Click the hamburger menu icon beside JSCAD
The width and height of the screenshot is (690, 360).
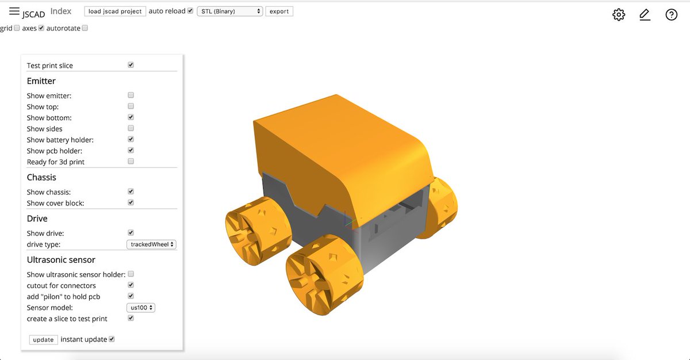14,11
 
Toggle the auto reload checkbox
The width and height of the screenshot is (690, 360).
190,11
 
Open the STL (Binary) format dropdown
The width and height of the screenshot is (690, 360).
229,11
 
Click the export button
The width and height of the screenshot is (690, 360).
279,11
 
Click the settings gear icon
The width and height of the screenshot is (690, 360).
619,15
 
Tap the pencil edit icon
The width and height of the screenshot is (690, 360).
645,15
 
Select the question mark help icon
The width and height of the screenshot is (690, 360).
671,15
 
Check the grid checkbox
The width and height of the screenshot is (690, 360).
17,28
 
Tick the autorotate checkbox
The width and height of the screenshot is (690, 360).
85,28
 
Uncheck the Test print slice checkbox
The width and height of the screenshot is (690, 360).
131,65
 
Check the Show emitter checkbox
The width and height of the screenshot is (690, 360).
131,95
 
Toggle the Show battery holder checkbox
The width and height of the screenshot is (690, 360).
131,139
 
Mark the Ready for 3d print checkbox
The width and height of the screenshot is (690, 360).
131,162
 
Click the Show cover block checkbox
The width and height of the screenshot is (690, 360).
131,202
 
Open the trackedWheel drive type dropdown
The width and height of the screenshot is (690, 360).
151,244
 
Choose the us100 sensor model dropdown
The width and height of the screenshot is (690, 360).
141,308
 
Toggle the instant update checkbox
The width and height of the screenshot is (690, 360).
112,339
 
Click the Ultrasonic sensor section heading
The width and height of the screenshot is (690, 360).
61,260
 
